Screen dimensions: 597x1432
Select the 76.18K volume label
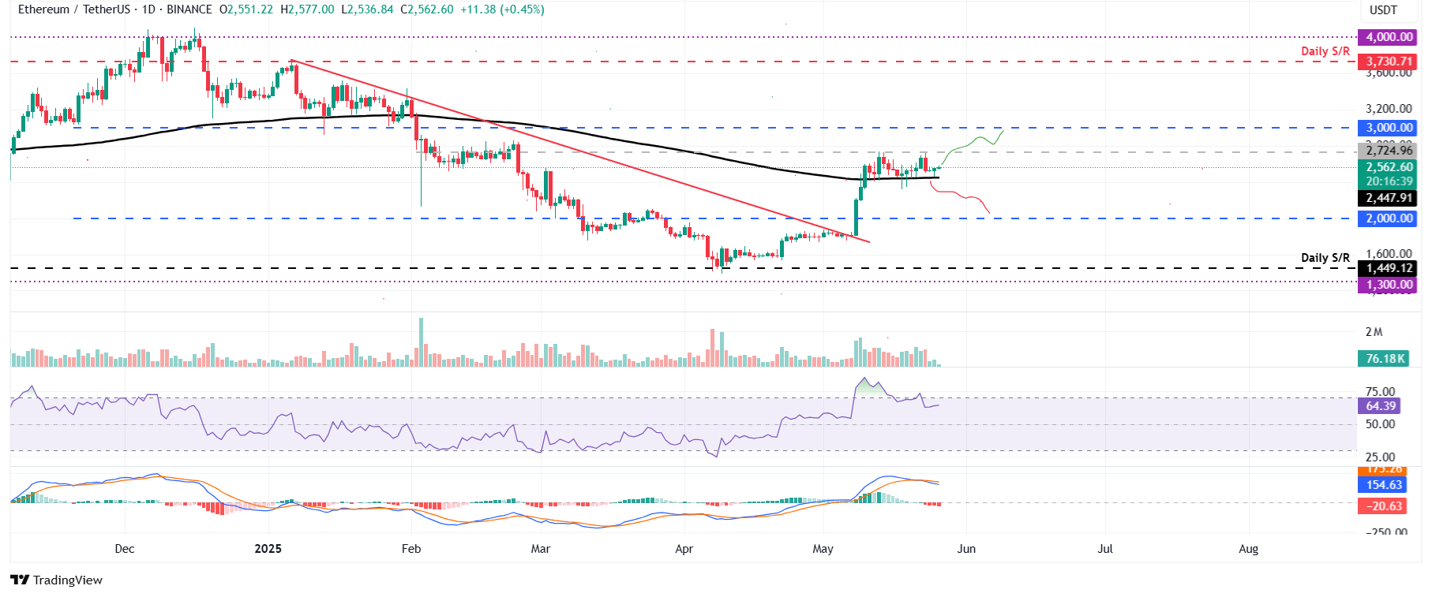pyautogui.click(x=1385, y=359)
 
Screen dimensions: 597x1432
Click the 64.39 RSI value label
pyautogui.click(x=1381, y=406)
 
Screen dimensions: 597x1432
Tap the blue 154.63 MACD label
pyautogui.click(x=1384, y=485)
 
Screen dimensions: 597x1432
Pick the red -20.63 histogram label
pyautogui.click(x=1384, y=506)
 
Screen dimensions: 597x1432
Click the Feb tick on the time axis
pyautogui.click(x=411, y=549)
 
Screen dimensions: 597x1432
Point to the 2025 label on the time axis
pyautogui.click(x=268, y=549)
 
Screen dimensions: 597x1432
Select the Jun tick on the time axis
pyautogui.click(x=966, y=549)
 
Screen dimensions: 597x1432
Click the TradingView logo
pyautogui.click(x=57, y=580)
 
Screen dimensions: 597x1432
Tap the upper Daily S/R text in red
pyautogui.click(x=1325, y=51)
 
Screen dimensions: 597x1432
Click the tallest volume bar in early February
pyautogui.click(x=421, y=342)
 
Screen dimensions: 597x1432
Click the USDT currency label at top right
pyautogui.click(x=1383, y=10)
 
